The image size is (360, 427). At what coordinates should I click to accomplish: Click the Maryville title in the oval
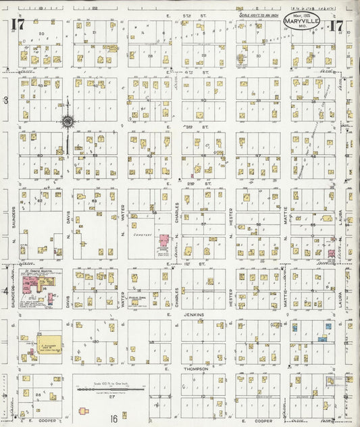[x=299, y=20]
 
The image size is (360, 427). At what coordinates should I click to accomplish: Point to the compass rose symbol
[x=68, y=122]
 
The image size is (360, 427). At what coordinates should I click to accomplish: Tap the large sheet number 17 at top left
[x=14, y=26]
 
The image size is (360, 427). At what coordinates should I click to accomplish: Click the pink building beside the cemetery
[x=163, y=241]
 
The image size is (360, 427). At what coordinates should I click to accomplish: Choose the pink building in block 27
[x=84, y=410]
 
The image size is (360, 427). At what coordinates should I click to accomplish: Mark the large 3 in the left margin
[x=6, y=100]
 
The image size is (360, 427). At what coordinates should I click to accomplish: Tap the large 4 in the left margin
[x=6, y=291]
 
